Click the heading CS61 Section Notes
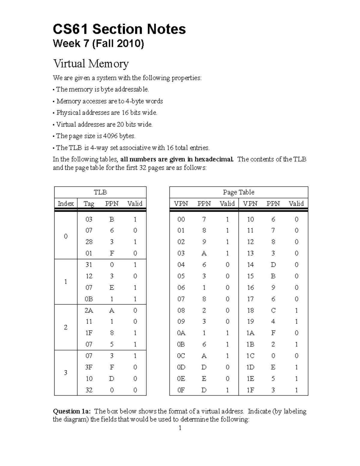pyautogui.click(x=119, y=29)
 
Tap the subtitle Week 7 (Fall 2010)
pyautogui.click(x=98, y=44)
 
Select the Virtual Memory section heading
pyautogui.click(x=91, y=64)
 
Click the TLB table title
pyautogui.click(x=100, y=192)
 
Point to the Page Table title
pyautogui.click(x=238, y=192)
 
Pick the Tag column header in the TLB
pyautogui.click(x=89, y=204)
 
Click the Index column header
pyautogui.click(x=66, y=204)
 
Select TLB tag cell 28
pyautogui.click(x=89, y=242)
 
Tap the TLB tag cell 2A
pyautogui.click(x=89, y=310)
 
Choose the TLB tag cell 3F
pyautogui.click(x=89, y=367)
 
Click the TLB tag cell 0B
pyautogui.click(x=89, y=299)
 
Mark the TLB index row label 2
pyautogui.click(x=66, y=327)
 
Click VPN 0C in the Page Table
pyautogui.click(x=181, y=356)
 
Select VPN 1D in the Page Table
pyautogui.click(x=250, y=367)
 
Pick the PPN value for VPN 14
pyautogui.click(x=273, y=265)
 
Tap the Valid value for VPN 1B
pyautogui.click(x=296, y=344)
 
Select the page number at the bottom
pyautogui.click(x=180, y=428)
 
